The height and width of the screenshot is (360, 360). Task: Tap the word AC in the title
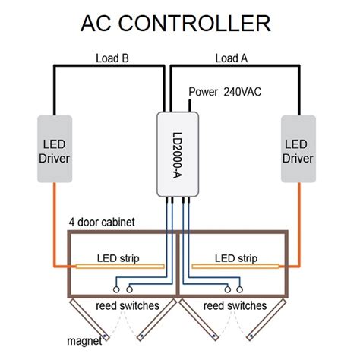tap(96, 24)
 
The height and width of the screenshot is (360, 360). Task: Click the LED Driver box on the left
tap(54, 149)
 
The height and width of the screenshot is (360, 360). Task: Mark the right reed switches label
tap(236, 305)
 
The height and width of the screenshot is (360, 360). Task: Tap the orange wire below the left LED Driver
tap(54, 228)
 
